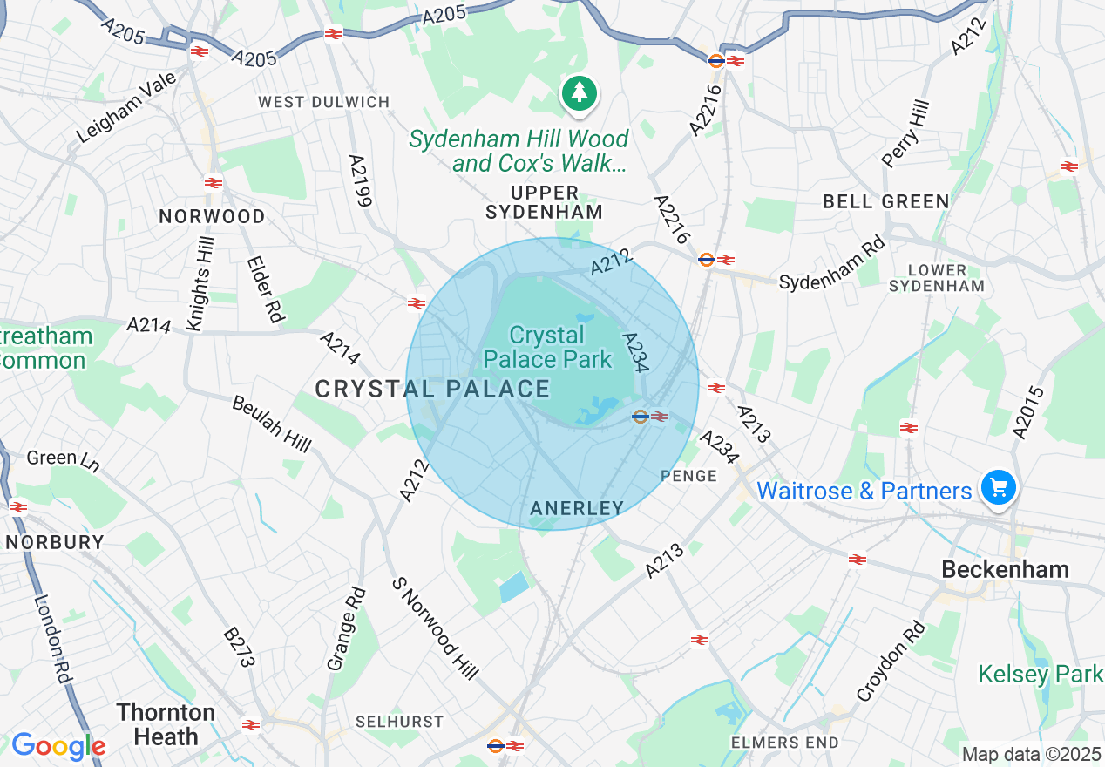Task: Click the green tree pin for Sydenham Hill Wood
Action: tap(580, 92)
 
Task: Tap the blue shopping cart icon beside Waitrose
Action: tap(998, 487)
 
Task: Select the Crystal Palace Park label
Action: tap(547, 347)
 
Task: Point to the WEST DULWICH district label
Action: tap(324, 102)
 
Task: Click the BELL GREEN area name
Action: tap(886, 201)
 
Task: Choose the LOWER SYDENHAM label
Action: tap(937, 278)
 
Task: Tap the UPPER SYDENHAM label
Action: tap(545, 202)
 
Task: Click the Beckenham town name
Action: tap(1005, 569)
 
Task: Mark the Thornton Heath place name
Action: tap(166, 724)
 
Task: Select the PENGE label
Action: tap(688, 476)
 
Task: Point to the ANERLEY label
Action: tap(577, 508)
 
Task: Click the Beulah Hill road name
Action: tap(271, 424)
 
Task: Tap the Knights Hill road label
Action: tap(200, 284)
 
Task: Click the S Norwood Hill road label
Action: tap(435, 628)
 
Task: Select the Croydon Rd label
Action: tap(891, 662)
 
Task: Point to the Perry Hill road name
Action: tap(905, 134)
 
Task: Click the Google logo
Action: tap(58, 746)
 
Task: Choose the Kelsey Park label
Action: tap(1041, 674)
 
